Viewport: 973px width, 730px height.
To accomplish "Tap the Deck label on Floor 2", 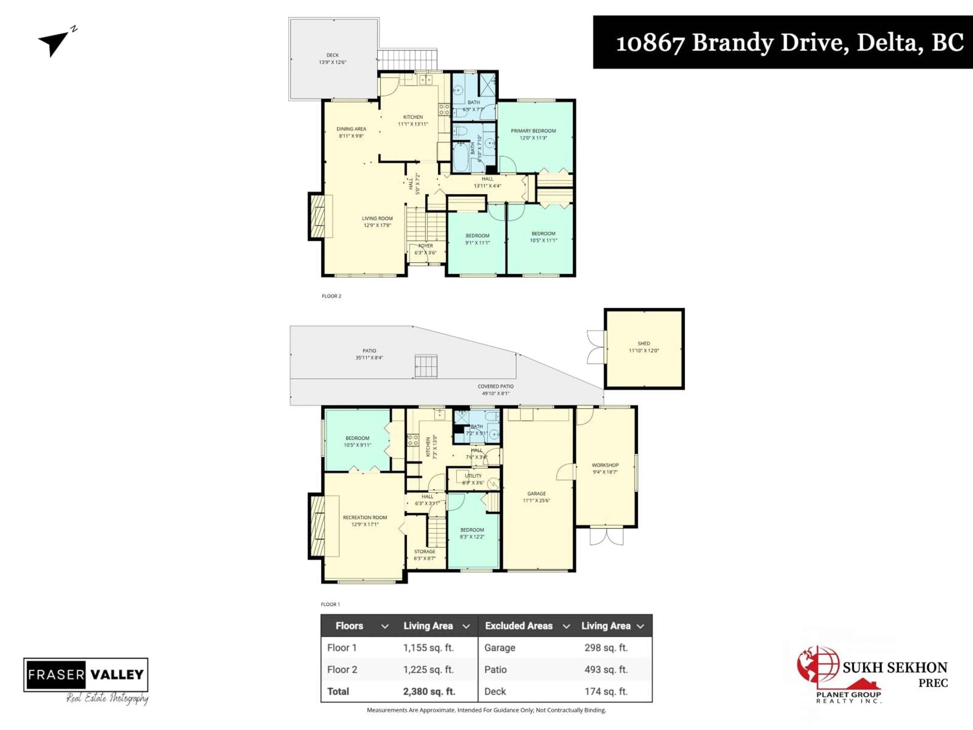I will [332, 55].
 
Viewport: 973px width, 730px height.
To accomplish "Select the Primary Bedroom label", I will [533, 131].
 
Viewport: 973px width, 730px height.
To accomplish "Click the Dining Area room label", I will [351, 129].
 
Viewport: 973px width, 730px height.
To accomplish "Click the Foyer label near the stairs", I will [425, 246].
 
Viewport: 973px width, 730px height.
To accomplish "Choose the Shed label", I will [644, 343].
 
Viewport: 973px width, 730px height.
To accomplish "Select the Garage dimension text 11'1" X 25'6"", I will [536, 500].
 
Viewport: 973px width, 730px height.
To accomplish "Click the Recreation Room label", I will [365, 518].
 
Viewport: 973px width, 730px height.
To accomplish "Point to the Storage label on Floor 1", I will [424, 551].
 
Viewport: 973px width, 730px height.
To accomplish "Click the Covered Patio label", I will [495, 386].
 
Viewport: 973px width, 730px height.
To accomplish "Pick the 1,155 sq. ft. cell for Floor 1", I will [428, 648].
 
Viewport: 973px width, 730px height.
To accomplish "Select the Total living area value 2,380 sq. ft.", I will [429, 691].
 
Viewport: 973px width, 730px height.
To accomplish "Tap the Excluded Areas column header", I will [519, 626].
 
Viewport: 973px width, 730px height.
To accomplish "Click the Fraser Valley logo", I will [86, 674].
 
